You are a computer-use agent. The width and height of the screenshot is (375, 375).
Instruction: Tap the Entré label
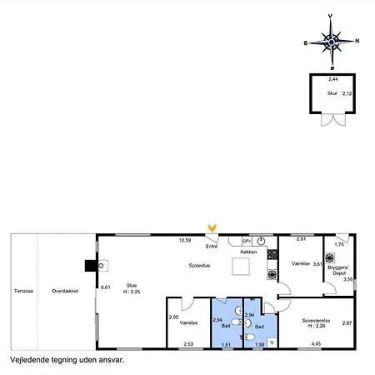[x=212, y=247]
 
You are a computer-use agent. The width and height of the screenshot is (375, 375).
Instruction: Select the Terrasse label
[x=23, y=291]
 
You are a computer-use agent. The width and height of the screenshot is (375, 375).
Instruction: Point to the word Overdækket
[x=65, y=291]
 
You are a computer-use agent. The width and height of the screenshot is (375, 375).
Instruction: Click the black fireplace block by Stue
[x=90, y=267]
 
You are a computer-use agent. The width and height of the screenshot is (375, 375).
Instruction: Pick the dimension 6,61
[x=106, y=287]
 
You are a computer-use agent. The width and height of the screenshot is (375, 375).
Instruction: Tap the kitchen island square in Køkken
[x=242, y=266]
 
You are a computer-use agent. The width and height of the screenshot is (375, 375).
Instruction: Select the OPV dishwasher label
[x=235, y=241]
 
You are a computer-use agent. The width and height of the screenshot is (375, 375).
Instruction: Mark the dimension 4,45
[x=316, y=343]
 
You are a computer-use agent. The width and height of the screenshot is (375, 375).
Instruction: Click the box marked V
[x=272, y=341]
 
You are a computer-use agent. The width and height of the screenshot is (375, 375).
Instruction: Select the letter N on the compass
[x=357, y=40]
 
